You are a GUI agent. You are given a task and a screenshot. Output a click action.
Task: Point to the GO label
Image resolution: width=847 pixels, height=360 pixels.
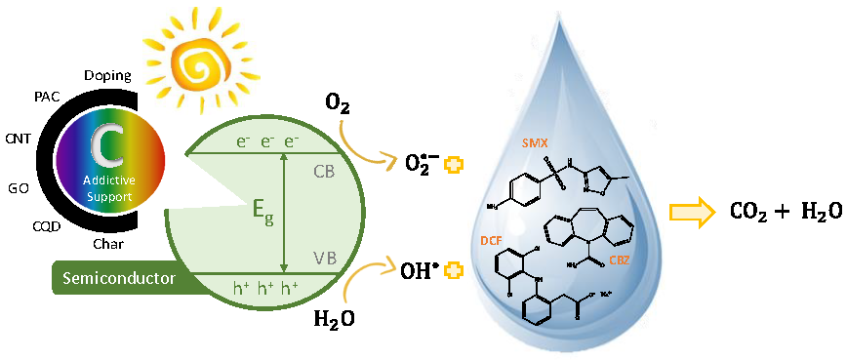[x=20, y=185]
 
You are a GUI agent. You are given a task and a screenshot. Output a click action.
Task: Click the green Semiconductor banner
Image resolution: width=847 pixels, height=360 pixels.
[x=117, y=279]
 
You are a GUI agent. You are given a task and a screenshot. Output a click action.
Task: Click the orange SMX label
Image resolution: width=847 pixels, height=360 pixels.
[x=533, y=142]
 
